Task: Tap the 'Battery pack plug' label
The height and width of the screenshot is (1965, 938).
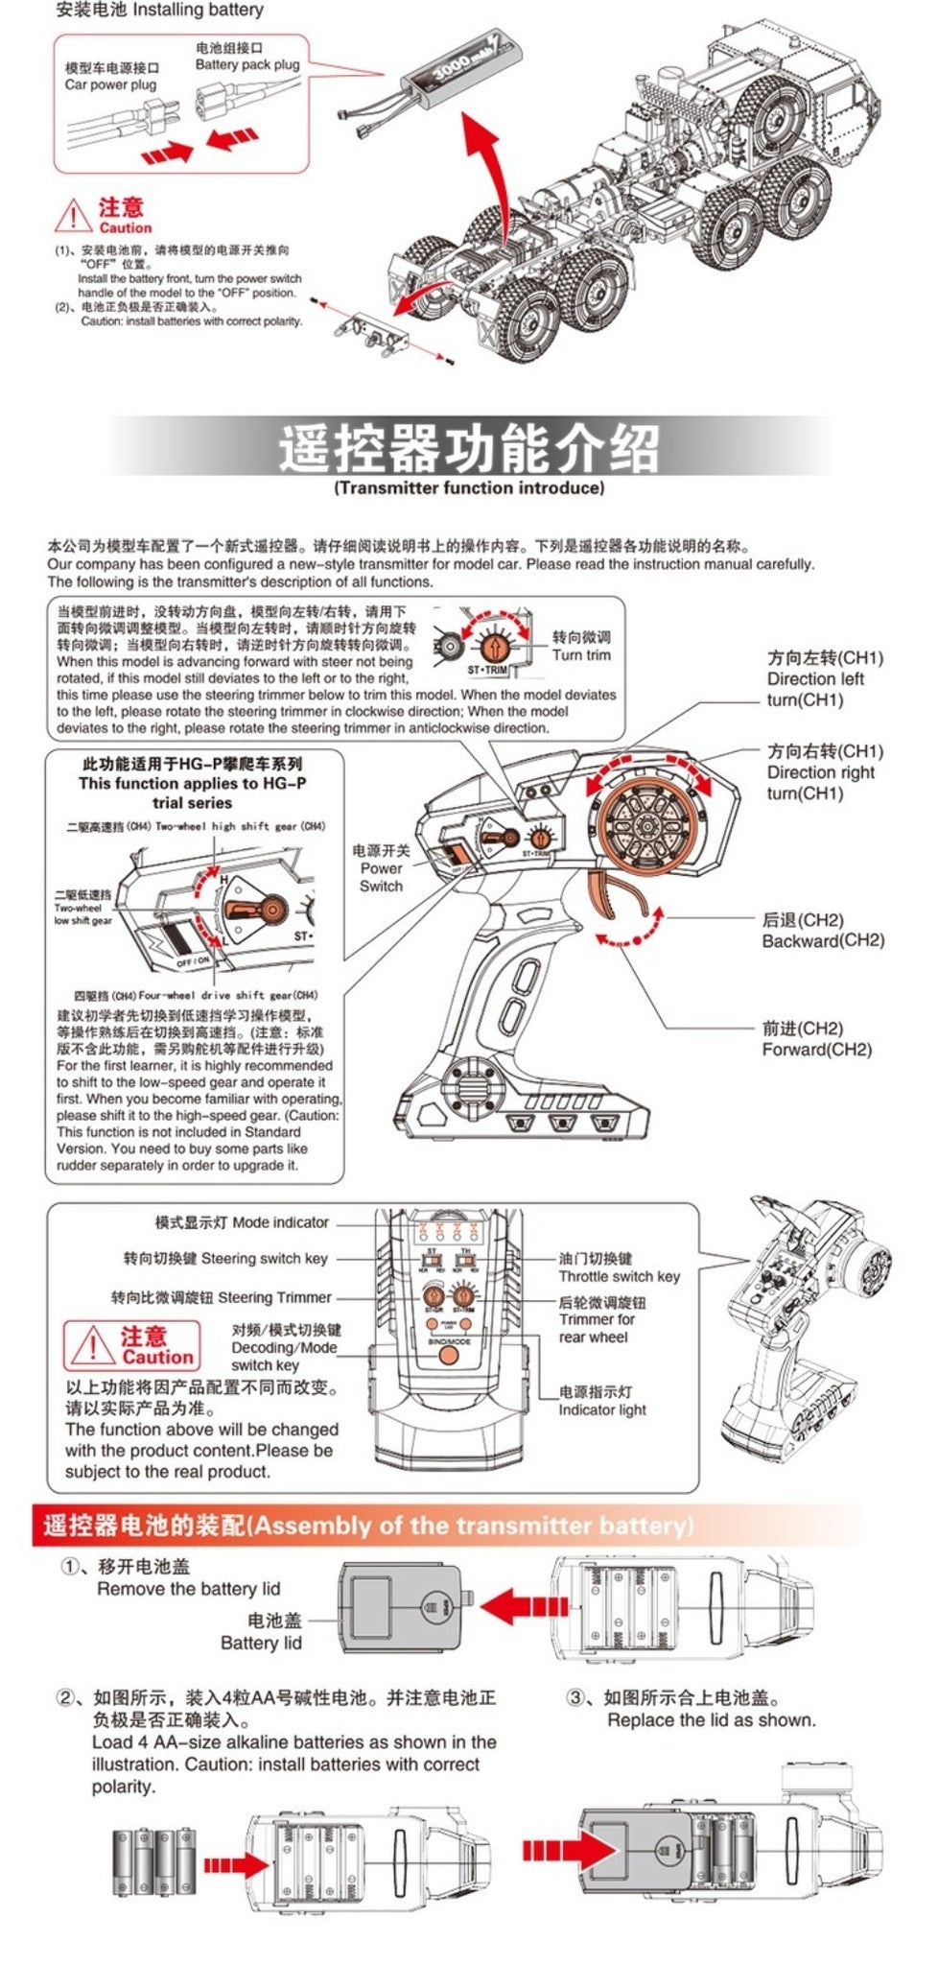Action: pyautogui.click(x=246, y=64)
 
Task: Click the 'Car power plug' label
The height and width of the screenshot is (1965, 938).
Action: pyautogui.click(x=110, y=84)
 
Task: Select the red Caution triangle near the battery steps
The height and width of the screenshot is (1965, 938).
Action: pyautogui.click(x=73, y=216)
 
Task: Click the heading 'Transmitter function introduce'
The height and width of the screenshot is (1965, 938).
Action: pyautogui.click(x=469, y=487)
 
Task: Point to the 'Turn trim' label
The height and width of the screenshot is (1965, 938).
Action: pyautogui.click(x=581, y=655)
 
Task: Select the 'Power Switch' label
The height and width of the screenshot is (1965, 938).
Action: pyautogui.click(x=381, y=868)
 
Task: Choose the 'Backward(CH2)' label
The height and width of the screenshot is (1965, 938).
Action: pyautogui.click(x=823, y=940)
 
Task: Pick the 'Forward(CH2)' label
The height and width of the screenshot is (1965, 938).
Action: pyautogui.click(x=817, y=1049)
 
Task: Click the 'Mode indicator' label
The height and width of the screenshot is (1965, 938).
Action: pyautogui.click(x=280, y=1222)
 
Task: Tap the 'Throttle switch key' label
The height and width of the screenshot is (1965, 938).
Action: pyautogui.click(x=619, y=1276)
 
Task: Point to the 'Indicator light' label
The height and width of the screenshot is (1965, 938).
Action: pyautogui.click(x=602, y=1409)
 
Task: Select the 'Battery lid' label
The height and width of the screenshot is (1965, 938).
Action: pyautogui.click(x=261, y=1643)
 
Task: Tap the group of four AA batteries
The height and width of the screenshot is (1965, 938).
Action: pyautogui.click(x=154, y=1863)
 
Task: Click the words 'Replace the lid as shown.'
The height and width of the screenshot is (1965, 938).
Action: pyautogui.click(x=711, y=1720)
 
